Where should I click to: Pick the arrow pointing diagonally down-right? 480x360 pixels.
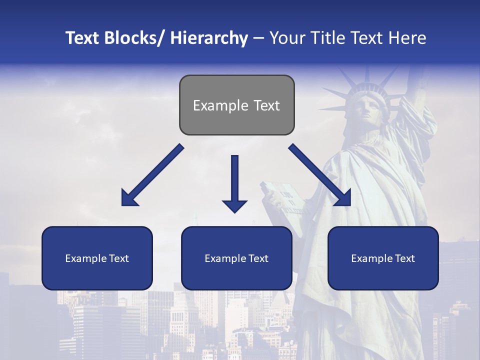320,175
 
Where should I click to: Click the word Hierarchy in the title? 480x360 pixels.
209,38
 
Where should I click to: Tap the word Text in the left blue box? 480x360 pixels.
118,258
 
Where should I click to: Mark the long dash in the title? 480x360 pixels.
258,38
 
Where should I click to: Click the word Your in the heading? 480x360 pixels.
287,38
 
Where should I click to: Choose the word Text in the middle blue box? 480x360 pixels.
258,258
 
